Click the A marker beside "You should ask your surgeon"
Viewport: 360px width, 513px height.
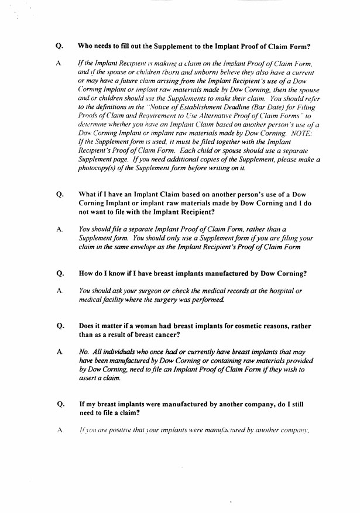pyautogui.click(x=60, y=291)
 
